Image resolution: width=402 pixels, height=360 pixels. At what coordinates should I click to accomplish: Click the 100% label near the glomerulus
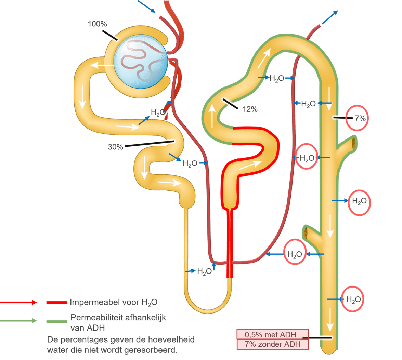tap(97, 24)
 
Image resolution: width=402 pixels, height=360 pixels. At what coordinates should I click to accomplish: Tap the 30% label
tap(115, 147)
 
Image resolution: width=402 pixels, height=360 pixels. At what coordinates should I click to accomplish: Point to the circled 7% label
tap(360, 119)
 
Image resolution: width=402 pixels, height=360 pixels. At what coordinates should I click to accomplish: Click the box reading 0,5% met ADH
tap(272, 334)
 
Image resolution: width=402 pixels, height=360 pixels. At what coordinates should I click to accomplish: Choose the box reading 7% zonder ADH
tap(272, 344)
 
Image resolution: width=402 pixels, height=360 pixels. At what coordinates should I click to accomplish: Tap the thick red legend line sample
tap(56, 302)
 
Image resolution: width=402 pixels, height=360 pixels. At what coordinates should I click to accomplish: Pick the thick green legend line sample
tap(56, 321)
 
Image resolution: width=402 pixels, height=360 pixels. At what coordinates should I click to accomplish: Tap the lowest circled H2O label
tap(353, 299)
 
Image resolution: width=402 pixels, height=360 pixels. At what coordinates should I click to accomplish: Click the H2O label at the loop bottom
tap(205, 271)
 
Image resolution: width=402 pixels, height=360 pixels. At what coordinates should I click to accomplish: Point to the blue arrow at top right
tap(329, 17)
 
